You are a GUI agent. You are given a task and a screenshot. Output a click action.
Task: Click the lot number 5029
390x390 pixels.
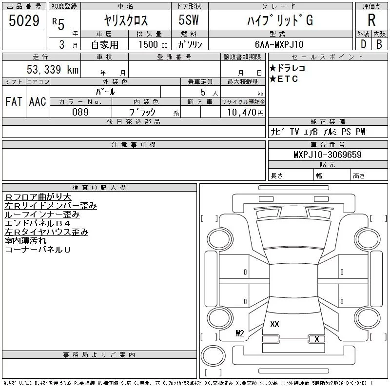pyautogui.click(x=24, y=21)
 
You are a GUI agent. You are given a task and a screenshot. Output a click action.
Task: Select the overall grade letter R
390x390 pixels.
pyautogui.click(x=371, y=20)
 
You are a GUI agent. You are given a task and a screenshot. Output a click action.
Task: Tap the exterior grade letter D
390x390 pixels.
pyautogui.click(x=363, y=44)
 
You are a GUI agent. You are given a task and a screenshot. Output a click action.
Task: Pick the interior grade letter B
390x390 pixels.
pyautogui.click(x=379, y=44)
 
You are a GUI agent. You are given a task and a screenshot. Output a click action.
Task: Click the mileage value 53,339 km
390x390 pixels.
pyautogui.click(x=53, y=69)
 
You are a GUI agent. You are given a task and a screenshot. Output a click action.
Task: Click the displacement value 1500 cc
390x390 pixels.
pyautogui.click(x=153, y=44)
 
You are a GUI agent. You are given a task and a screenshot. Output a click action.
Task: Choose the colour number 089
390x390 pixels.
pyautogui.click(x=80, y=112)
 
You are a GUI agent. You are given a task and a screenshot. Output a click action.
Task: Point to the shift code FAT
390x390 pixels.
pyautogui.click(x=14, y=101)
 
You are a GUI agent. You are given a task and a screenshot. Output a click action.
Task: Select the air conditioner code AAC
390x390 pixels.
pyautogui.click(x=38, y=101)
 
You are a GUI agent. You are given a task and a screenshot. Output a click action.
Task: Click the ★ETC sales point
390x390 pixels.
pyautogui.click(x=284, y=79)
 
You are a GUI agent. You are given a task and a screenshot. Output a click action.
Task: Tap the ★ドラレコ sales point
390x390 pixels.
pyautogui.click(x=288, y=68)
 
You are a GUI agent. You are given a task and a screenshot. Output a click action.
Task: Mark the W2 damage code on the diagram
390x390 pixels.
pyautogui.click(x=239, y=334)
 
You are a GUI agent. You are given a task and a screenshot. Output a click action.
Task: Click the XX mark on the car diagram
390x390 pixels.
pyautogui.click(x=274, y=324)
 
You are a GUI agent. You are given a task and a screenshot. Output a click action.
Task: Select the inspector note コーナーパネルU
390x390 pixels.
pyautogui.click(x=38, y=250)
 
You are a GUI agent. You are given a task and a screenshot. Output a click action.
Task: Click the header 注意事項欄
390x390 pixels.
pyautogui.click(x=134, y=145)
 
